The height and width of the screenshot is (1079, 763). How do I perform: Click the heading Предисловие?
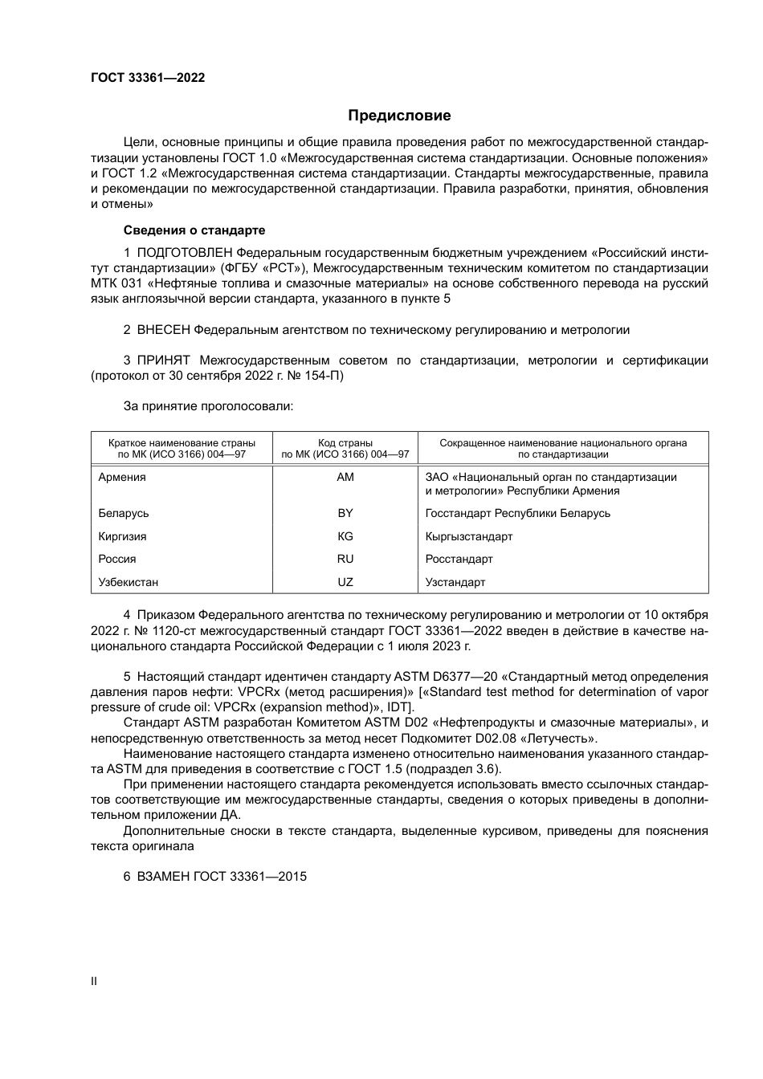(399, 116)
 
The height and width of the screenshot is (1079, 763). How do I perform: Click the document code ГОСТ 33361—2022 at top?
(148, 78)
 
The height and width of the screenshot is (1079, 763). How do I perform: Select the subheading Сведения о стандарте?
(194, 230)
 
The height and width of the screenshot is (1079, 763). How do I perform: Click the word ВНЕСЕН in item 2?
(164, 330)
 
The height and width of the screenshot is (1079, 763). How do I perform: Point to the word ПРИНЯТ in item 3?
(164, 360)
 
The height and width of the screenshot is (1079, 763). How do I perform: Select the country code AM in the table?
(345, 477)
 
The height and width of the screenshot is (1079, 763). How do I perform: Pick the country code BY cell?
(345, 513)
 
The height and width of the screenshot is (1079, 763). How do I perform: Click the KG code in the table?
(345, 536)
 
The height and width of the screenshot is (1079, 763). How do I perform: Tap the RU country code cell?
(345, 559)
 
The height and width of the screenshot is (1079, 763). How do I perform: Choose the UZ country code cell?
(345, 582)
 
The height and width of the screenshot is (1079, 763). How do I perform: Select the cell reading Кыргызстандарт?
(469, 536)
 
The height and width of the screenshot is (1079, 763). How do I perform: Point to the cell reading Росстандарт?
(459, 559)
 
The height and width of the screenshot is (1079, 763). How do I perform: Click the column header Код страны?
(345, 442)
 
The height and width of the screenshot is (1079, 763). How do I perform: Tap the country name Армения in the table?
(122, 477)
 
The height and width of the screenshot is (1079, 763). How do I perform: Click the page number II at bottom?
(94, 981)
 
